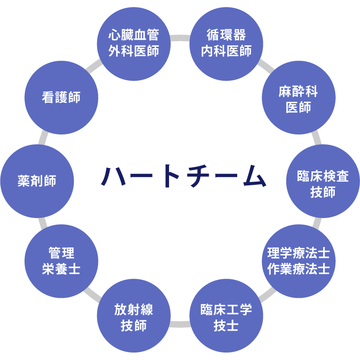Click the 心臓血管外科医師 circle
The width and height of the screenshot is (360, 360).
coord(134,43)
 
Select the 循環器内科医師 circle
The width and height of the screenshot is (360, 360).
coord(226,43)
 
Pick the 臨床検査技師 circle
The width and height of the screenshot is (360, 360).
coord(323,182)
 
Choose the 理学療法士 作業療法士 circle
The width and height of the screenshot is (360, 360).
coord(298,261)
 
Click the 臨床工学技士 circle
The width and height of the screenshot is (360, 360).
coord(226,317)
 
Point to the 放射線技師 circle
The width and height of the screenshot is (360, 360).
coord(134,317)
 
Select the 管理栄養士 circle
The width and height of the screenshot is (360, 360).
coord(61,261)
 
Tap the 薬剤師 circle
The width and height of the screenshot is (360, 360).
coord(37,181)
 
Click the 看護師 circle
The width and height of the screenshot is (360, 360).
coord(61,97)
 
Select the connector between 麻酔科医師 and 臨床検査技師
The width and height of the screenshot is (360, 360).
coord(317,138)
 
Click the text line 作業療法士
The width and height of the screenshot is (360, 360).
coord(298,269)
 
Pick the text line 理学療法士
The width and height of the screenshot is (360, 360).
coord(298,254)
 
